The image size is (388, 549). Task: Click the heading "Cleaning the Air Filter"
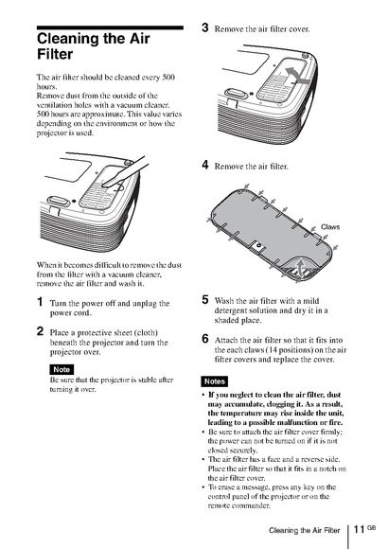(94, 46)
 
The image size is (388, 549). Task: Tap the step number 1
(41, 302)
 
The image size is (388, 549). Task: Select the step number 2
(41, 331)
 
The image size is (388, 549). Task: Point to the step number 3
(205, 27)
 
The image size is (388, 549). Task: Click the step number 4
(205, 165)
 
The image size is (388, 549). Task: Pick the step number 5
(205, 300)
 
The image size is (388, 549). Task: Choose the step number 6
(205, 339)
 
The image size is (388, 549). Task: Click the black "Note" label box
(62, 369)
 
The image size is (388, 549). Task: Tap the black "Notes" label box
(215, 381)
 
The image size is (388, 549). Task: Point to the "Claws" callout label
(330, 227)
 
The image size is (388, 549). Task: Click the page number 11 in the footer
(360, 529)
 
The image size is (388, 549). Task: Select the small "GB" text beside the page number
(372, 527)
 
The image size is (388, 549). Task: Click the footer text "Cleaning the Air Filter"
(305, 530)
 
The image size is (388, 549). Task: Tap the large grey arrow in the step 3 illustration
(296, 77)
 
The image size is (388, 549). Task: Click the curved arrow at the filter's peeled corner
(300, 266)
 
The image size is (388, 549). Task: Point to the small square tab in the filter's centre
(258, 246)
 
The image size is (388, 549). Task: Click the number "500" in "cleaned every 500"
(168, 77)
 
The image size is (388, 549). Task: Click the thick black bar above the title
(110, 27)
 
